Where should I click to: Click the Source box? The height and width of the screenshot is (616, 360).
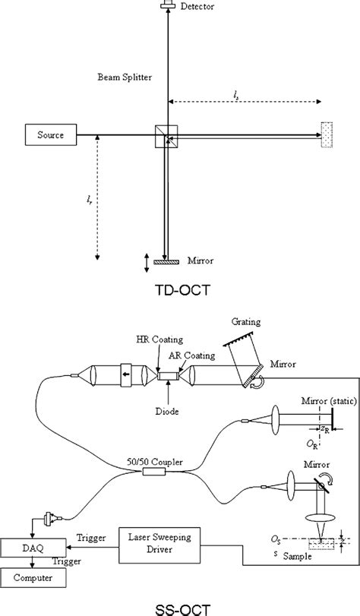[51, 134]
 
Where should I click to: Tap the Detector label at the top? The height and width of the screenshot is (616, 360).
[197, 6]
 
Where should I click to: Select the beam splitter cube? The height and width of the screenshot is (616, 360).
[166, 136]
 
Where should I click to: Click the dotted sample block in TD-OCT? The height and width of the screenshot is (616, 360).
[327, 134]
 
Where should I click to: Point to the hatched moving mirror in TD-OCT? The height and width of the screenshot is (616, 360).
[166, 261]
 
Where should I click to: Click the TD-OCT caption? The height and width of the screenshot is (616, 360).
[182, 291]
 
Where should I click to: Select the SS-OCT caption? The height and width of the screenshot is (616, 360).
[182, 610]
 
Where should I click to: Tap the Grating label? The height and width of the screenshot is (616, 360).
[245, 322]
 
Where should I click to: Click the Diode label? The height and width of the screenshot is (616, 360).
[166, 412]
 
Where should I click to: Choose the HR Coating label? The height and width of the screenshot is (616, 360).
[159, 340]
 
